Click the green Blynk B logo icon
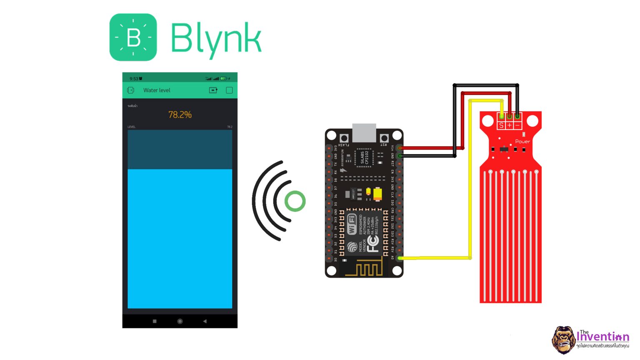pyautogui.click(x=133, y=37)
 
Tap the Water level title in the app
pyautogui.click(x=157, y=90)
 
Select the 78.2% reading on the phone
pyautogui.click(x=180, y=115)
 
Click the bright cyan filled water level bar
pyautogui.click(x=180, y=238)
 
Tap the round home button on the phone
pyautogui.click(x=180, y=321)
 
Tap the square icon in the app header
pyautogui.click(x=229, y=90)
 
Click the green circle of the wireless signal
pyautogui.click(x=295, y=201)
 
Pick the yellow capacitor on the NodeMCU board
pyautogui.click(x=377, y=195)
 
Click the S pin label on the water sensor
pyautogui.click(x=501, y=125)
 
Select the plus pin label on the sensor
pyautogui.click(x=509, y=125)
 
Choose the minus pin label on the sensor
pyautogui.click(x=517, y=125)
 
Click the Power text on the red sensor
pyautogui.click(x=522, y=141)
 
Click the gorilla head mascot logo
pyautogui.click(x=563, y=340)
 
